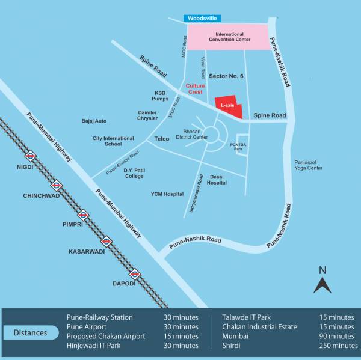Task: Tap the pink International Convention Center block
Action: tap(226, 37)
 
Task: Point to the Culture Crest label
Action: tap(195, 89)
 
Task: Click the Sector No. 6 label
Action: tap(226, 76)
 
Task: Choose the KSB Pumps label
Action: tap(160, 96)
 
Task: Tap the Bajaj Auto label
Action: tap(94, 121)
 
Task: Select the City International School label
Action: tap(113, 141)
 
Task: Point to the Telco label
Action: tap(162, 139)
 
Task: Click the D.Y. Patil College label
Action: tap(134, 173)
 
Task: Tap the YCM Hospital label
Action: tap(167, 194)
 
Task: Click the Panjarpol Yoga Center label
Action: tap(308, 165)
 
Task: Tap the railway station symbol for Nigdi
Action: tap(32, 157)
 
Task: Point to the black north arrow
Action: tap(322, 282)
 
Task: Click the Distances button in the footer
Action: tap(31, 332)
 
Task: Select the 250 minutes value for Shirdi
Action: tap(339, 346)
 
